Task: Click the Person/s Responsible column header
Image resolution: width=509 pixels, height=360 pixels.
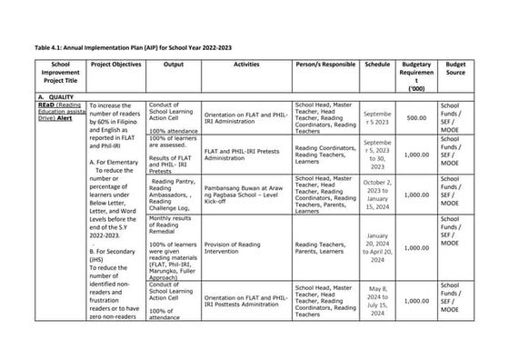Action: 323,66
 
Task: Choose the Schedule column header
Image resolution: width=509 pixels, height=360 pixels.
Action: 376,66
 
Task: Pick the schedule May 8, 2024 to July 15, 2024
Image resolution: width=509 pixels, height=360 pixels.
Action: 376,301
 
